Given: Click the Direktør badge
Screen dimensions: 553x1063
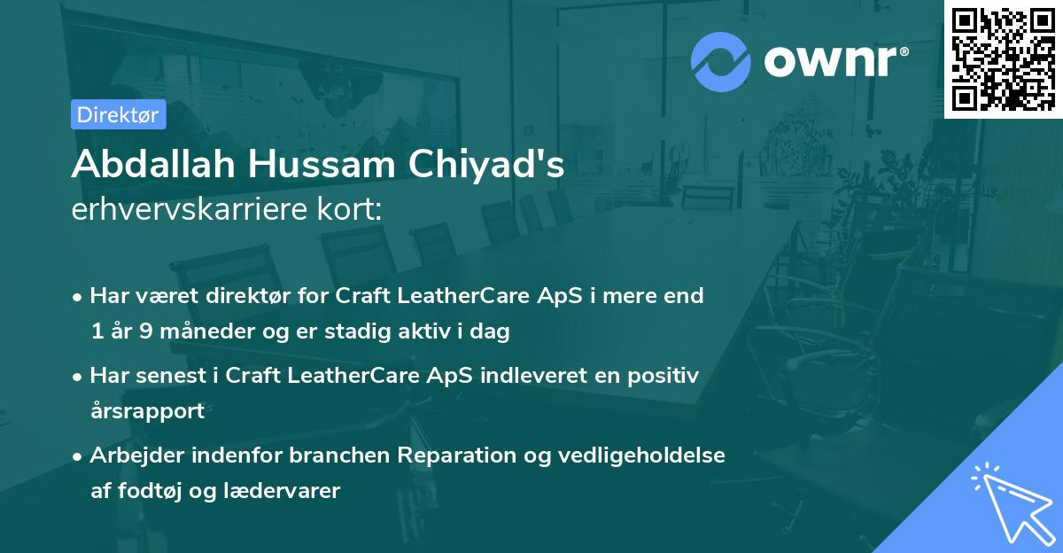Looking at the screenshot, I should [x=118, y=114].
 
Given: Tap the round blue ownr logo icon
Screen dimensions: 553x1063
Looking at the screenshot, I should [x=720, y=62].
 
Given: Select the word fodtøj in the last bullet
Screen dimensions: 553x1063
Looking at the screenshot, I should [x=147, y=490].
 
